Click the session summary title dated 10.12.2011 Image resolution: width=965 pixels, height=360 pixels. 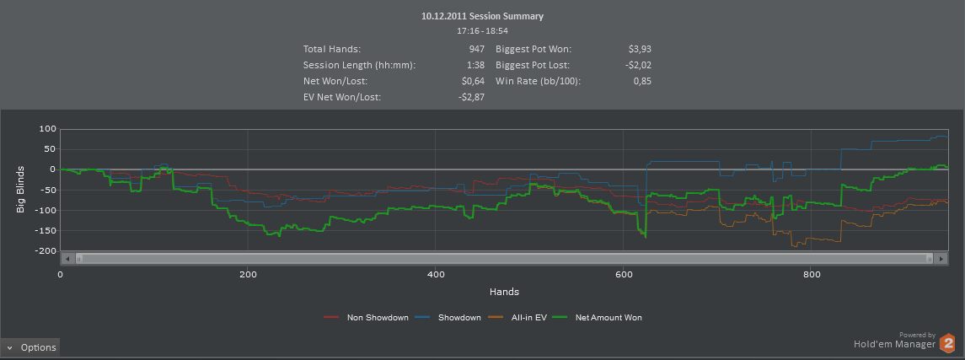(482, 16)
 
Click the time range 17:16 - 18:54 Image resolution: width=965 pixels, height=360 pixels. (482, 30)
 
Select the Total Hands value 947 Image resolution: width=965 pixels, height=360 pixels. (476, 49)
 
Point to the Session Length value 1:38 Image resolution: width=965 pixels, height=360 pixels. (475, 65)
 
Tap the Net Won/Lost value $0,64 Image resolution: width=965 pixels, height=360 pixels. (473, 81)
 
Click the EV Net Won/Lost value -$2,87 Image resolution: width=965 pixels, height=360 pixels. (470, 97)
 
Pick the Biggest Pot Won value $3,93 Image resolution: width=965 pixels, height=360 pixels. (640, 49)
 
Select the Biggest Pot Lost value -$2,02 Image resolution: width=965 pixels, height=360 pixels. (637, 65)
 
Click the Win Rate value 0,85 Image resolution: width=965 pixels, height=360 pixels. (642, 81)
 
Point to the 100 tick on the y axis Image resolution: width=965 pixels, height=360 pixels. (46, 129)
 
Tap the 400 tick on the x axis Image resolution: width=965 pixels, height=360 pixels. (435, 275)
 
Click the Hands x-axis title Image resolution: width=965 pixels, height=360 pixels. (504, 292)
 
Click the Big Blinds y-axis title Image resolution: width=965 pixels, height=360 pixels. (22, 189)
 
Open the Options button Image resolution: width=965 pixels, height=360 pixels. (30, 347)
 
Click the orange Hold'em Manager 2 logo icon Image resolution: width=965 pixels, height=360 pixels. (948, 343)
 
